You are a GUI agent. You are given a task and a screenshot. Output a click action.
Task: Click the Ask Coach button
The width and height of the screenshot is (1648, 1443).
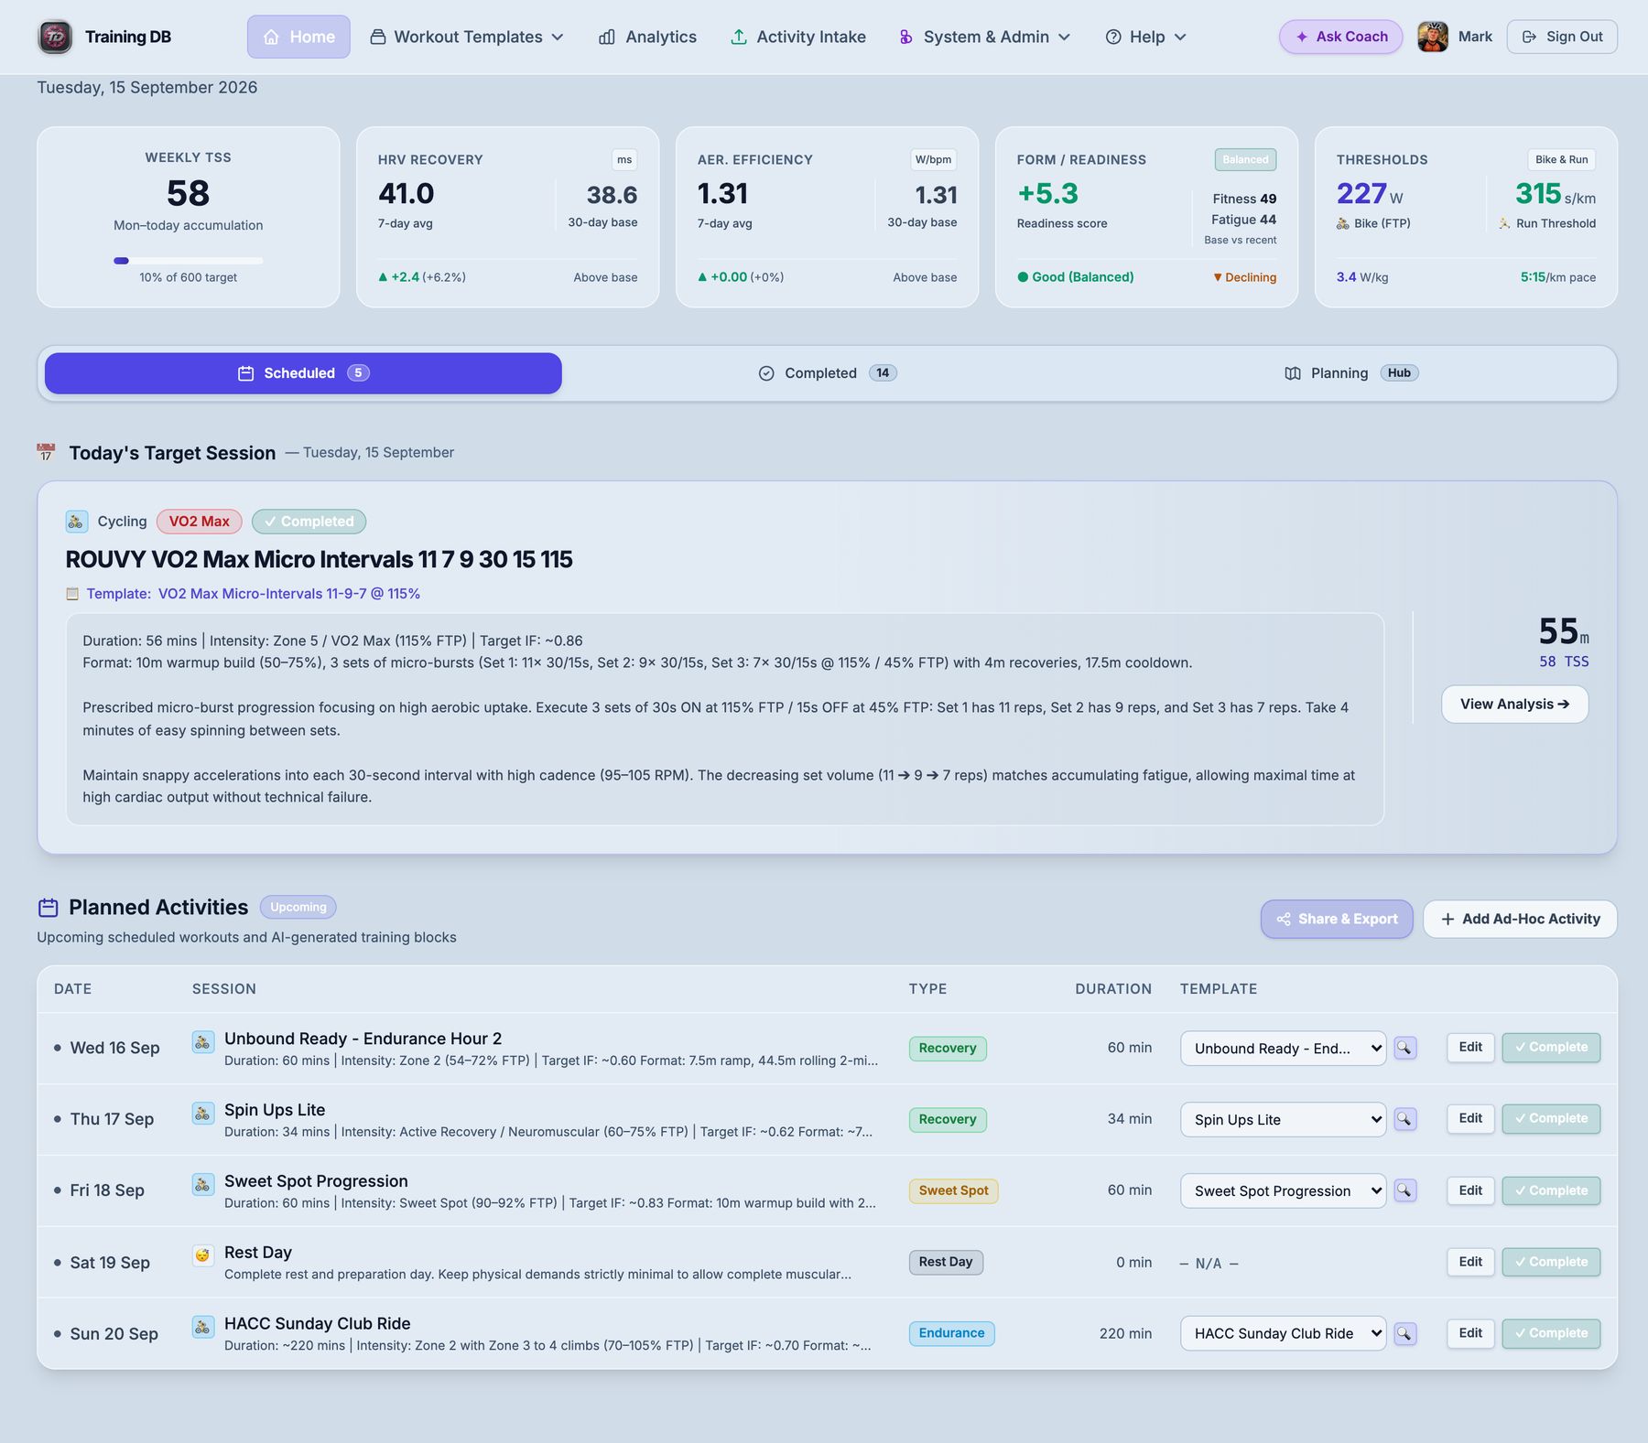tap(1340, 37)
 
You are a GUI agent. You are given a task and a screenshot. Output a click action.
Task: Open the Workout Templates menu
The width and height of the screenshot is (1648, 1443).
tap(467, 37)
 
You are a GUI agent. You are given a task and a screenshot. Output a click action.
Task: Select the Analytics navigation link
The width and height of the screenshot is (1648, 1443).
tap(647, 37)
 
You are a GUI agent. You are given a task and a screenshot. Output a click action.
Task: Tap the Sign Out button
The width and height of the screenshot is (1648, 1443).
tap(1562, 37)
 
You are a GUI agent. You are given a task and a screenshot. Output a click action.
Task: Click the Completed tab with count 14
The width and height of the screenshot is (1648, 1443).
tap(828, 373)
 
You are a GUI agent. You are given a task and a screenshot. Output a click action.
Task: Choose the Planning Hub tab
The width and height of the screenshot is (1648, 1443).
tap(1351, 373)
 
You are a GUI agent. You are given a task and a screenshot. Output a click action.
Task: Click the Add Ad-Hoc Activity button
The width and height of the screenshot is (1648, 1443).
tap(1520, 919)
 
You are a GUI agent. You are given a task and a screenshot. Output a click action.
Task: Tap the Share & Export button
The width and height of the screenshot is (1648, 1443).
tap(1337, 919)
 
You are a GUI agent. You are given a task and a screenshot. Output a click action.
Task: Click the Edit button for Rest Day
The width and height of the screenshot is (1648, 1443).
tap(1470, 1262)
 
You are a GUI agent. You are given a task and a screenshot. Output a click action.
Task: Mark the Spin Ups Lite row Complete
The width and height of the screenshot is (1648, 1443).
tap(1551, 1119)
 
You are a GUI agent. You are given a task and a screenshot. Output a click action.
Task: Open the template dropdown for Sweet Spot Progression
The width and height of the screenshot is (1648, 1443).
tap(1283, 1190)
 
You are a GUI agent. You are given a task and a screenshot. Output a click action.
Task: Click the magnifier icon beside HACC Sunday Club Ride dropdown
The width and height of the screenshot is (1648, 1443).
tap(1404, 1333)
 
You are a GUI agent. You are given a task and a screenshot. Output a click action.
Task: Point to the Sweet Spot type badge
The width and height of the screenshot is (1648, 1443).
tap(953, 1190)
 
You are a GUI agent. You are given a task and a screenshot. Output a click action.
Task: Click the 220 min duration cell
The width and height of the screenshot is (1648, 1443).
tap(1125, 1333)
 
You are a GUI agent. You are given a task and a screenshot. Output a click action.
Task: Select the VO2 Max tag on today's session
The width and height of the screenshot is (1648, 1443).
tap(199, 522)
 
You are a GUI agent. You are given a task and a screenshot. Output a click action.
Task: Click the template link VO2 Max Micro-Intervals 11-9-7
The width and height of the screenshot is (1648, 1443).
tap(289, 594)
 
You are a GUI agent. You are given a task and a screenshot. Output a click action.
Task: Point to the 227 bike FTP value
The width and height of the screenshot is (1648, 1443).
tap(1361, 194)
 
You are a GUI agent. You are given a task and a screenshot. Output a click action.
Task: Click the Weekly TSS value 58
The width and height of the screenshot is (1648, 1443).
tap(189, 193)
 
